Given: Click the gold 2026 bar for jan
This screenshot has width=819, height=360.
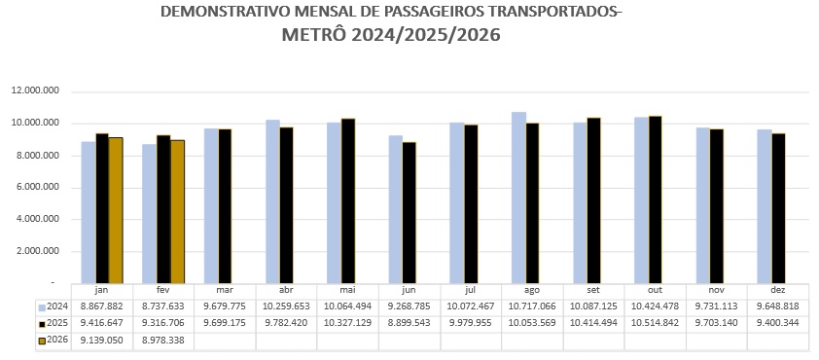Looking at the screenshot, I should coord(116,210).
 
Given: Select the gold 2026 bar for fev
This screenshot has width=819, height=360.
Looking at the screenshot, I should coord(177,211).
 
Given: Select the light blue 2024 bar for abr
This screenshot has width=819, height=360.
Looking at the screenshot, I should coord(272,201).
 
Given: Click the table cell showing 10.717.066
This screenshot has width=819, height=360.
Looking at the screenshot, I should coord(532,306).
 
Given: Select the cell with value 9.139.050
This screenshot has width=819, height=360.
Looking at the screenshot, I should coord(101,341).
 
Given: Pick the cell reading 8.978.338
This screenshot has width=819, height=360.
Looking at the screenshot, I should coord(163,341).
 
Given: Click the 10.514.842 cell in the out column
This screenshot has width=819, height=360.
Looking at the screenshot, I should coord(656,323).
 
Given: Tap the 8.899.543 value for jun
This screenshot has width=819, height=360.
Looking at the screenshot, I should coord(409,323).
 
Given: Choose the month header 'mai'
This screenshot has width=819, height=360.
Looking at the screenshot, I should coord(348,291).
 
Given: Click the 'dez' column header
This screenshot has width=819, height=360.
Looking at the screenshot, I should coord(778,291).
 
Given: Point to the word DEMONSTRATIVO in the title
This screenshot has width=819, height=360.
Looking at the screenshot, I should coord(215,13).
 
